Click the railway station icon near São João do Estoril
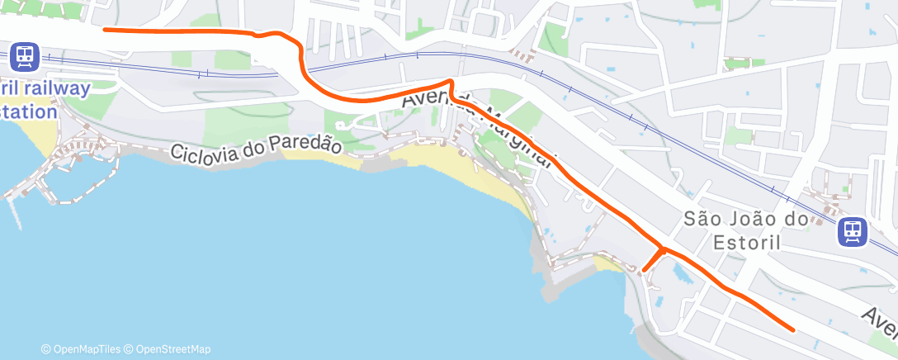click(852, 232)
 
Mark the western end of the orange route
click(104, 30)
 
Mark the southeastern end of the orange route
click(793, 329)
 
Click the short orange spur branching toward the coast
click(651, 259)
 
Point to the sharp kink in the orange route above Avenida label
click(450, 82)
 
